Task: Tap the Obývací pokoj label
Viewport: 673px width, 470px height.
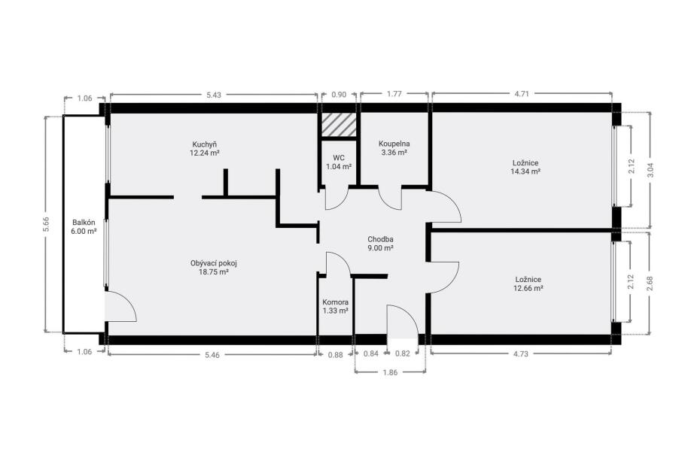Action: [x=213, y=263]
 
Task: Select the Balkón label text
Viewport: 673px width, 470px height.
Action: [x=84, y=223]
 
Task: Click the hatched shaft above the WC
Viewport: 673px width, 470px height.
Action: [x=339, y=126]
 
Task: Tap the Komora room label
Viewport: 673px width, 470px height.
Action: [x=335, y=302]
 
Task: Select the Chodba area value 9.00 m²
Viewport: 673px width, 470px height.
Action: [x=380, y=248]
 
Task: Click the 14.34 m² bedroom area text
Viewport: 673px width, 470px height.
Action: [x=525, y=171]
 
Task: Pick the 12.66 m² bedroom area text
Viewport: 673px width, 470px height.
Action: [x=528, y=288]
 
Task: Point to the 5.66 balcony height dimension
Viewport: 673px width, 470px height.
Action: [x=46, y=224]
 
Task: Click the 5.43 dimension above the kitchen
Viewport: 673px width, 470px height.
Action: [x=213, y=95]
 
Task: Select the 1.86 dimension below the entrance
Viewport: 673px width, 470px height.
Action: [x=390, y=372]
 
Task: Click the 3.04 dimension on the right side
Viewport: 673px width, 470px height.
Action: [x=650, y=170]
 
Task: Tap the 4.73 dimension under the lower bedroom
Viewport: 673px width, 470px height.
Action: [x=521, y=353]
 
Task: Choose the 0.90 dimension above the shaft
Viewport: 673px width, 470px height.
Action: [x=339, y=95]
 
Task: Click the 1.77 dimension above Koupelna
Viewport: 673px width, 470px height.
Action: [x=394, y=94]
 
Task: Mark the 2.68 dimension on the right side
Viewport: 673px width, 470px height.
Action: [x=649, y=284]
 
